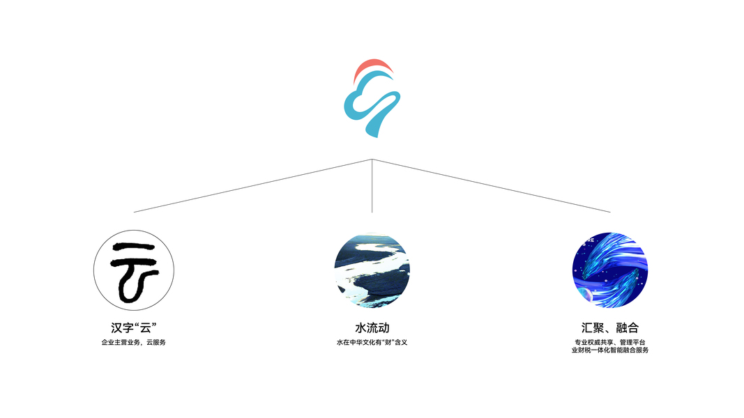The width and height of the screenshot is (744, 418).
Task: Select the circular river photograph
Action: (x=372, y=270)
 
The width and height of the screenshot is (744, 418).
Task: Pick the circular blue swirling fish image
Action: (x=610, y=270)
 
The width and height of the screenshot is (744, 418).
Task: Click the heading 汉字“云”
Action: (x=134, y=327)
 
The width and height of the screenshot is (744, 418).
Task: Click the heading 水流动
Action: (x=372, y=327)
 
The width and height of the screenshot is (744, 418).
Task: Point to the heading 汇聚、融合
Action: (x=610, y=327)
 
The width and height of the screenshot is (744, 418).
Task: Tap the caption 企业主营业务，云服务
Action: (x=134, y=343)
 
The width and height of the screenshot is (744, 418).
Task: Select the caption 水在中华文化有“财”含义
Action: (x=372, y=343)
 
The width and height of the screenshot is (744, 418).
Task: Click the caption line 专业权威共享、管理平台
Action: (x=610, y=342)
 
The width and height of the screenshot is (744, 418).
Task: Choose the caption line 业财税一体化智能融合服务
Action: (x=610, y=350)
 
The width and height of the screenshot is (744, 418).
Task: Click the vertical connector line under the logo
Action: (x=372, y=187)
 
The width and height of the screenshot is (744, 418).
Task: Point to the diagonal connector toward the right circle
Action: (x=492, y=186)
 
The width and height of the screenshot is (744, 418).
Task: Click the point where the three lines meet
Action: (x=372, y=160)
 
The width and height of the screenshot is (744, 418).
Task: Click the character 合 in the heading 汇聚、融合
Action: (x=632, y=327)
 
